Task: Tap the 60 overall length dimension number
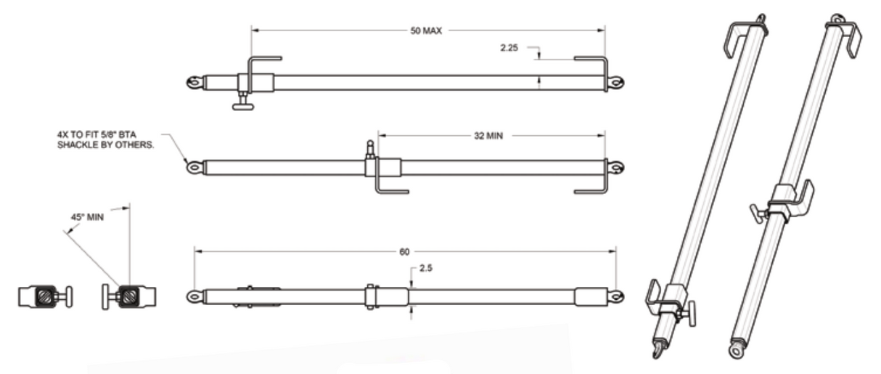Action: click(x=404, y=251)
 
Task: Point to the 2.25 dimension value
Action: click(x=509, y=48)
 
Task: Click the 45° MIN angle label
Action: click(x=86, y=216)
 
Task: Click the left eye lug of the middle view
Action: click(x=194, y=168)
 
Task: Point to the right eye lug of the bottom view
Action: click(x=615, y=296)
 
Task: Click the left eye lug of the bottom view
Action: click(x=194, y=296)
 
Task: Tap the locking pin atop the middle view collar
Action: click(x=370, y=150)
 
